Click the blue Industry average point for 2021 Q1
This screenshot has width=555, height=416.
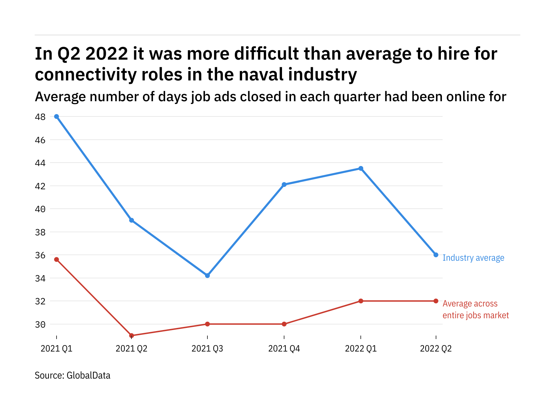pos(57,116)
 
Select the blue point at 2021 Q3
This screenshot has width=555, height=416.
pos(207,276)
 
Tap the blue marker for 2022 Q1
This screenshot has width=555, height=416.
pos(361,168)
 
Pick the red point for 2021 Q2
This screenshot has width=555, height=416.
pos(131,335)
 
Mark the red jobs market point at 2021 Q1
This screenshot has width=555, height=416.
pos(57,259)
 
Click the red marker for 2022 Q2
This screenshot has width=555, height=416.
pos(436,301)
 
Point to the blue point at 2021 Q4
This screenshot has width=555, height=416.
pos(284,184)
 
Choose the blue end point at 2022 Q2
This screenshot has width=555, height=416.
pos(436,255)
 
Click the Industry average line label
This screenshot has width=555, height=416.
pos(473,258)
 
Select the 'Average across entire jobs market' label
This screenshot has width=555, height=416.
pos(476,309)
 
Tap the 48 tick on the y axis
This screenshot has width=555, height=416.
pos(40,117)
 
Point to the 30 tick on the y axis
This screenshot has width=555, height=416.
pos(40,324)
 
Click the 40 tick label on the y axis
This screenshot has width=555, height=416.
pos(40,209)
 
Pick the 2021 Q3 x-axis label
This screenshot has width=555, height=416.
pos(207,348)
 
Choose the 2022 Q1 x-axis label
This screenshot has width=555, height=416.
pos(361,348)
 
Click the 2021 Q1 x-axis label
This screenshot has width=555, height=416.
pos(57,348)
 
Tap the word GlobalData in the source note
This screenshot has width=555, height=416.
pos(88,375)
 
